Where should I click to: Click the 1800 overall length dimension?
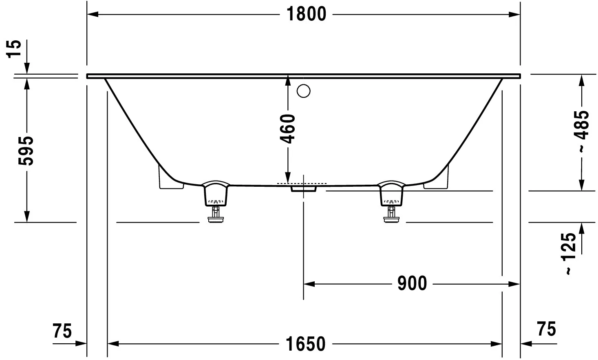[306, 14]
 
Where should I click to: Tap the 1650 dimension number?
[305, 344]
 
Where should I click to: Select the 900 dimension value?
[412, 283]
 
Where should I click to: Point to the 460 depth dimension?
[287, 129]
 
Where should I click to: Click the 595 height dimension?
[26, 150]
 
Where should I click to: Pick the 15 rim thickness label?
[13, 49]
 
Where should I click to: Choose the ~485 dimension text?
[581, 131]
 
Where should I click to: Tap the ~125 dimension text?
[569, 253]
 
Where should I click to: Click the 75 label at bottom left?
[62, 331]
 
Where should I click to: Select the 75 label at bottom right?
[547, 329]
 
